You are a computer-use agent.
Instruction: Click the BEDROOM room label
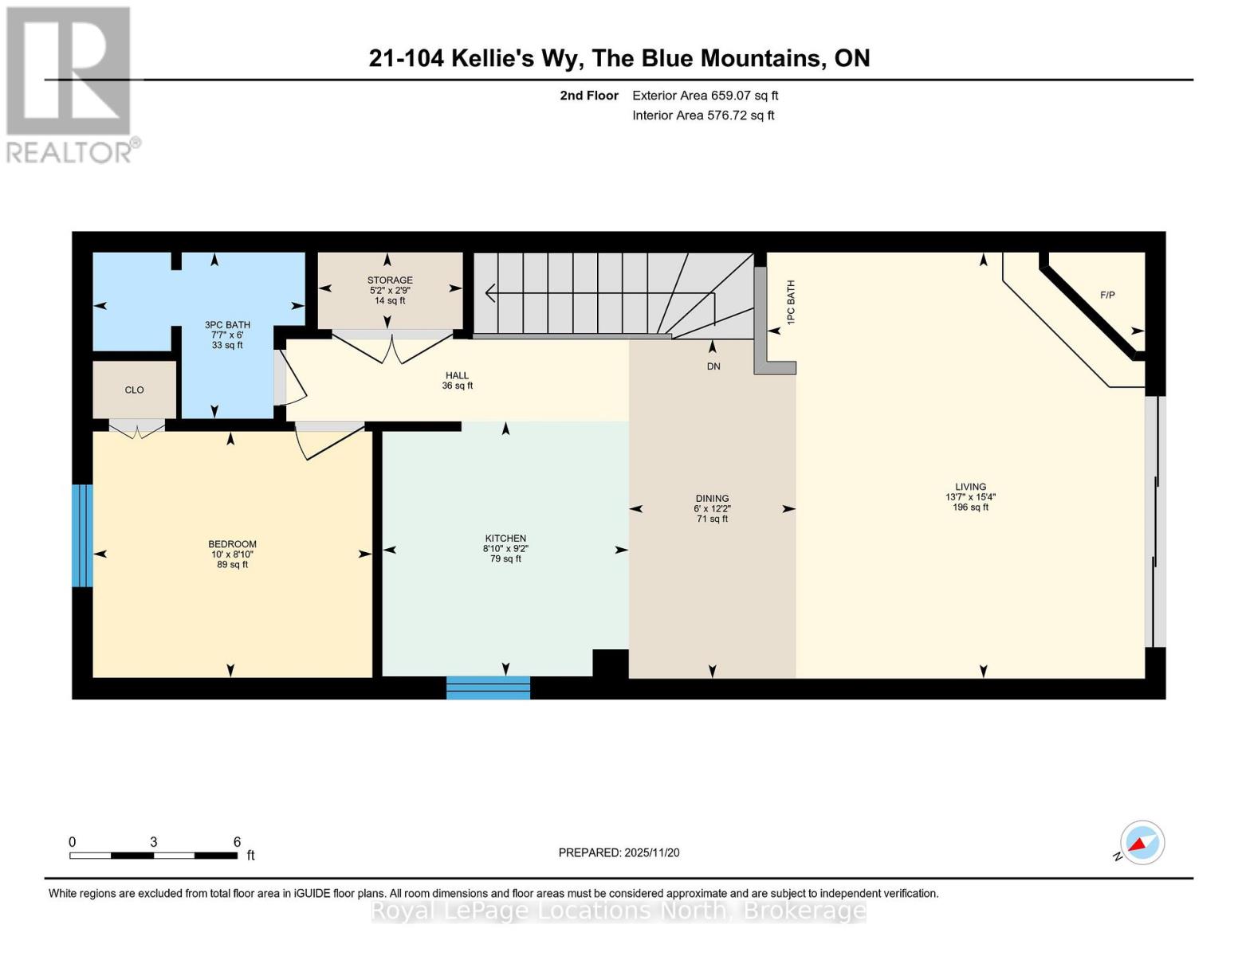click(x=232, y=544)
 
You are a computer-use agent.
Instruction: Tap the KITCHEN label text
click(x=505, y=539)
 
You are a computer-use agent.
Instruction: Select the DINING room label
click(x=712, y=499)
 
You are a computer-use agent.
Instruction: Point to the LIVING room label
click(x=970, y=487)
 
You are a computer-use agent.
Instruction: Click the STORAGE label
click(x=390, y=280)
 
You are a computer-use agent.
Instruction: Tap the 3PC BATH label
click(x=227, y=325)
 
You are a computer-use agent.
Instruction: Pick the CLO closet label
click(x=134, y=390)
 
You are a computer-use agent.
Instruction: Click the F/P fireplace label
click(x=1107, y=296)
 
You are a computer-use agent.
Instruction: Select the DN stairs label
click(x=713, y=366)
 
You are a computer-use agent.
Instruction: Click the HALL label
click(x=457, y=376)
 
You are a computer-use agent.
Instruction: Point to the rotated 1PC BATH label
click(x=791, y=302)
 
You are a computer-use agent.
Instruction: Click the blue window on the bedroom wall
click(x=82, y=535)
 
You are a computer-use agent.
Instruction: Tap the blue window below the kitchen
click(x=488, y=688)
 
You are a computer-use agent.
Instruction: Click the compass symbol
click(x=1142, y=843)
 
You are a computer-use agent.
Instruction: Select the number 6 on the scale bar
click(x=237, y=842)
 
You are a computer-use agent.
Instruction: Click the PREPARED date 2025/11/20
click(x=652, y=852)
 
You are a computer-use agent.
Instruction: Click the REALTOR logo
click(x=69, y=84)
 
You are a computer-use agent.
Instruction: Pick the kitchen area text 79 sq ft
click(x=505, y=559)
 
